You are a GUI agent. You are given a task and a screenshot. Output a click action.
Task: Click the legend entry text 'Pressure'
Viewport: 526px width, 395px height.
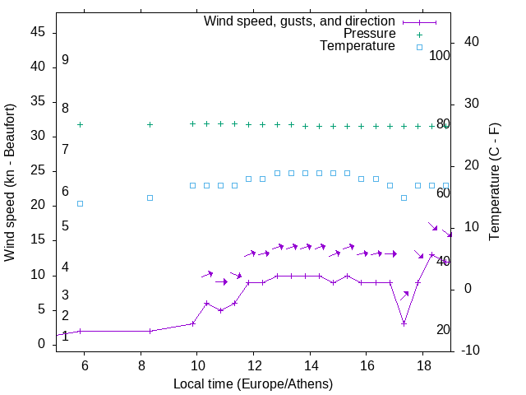point(370,34)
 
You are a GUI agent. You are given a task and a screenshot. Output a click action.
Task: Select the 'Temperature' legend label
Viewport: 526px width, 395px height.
point(358,46)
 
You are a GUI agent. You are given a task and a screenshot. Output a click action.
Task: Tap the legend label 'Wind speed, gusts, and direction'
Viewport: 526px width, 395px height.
point(300,21)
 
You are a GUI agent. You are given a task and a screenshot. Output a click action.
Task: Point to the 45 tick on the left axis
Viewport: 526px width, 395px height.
point(38,32)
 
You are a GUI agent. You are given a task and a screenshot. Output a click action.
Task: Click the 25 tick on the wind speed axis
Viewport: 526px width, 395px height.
point(38,170)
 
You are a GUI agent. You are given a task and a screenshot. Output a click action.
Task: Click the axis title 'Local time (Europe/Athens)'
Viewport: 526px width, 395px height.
point(253,383)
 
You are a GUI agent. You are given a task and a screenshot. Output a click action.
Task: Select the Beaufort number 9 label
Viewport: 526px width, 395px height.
point(65,60)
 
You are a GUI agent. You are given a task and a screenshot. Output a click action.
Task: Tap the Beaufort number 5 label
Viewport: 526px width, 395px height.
point(65,226)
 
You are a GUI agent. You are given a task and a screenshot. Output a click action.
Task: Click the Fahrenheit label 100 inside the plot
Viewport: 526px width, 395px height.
point(440,56)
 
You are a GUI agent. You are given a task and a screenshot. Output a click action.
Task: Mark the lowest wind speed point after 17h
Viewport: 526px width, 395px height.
point(404,323)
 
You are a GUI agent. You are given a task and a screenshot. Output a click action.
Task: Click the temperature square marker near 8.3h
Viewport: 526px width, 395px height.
point(150,197)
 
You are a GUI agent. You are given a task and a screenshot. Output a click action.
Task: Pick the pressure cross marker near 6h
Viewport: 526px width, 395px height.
point(80,124)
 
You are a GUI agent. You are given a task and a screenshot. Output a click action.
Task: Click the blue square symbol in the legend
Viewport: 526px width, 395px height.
point(419,47)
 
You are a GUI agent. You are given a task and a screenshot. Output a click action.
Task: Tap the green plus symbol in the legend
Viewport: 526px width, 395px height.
point(419,35)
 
